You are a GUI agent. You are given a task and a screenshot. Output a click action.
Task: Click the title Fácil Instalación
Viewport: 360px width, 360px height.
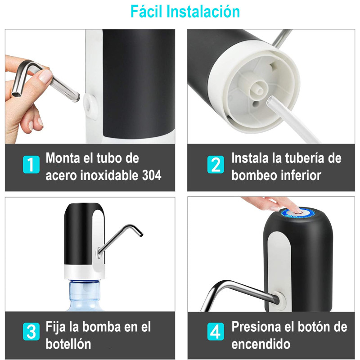(185, 12)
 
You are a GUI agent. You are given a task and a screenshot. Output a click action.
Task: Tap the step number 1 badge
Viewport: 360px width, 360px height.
(31, 164)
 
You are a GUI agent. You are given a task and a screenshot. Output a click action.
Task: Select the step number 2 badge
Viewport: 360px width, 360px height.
(216, 164)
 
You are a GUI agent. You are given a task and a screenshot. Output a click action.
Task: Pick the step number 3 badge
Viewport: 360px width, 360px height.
(31, 332)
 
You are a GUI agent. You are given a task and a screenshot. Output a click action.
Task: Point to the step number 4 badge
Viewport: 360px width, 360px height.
(216, 332)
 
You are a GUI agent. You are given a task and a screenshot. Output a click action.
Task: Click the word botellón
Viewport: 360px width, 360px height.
(68, 344)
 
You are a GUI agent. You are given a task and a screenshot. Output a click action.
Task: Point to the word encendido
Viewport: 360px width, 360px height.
(261, 344)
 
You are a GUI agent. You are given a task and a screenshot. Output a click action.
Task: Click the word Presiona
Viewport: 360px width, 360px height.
(256, 327)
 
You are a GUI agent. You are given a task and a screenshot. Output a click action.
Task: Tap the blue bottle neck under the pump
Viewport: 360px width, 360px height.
(85, 291)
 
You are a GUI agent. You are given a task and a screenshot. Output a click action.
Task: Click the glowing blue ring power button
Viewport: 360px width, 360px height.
(298, 213)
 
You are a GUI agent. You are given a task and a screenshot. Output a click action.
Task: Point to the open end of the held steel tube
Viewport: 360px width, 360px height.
(16, 94)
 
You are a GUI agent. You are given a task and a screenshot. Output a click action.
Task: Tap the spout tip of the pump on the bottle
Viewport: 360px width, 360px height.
(141, 234)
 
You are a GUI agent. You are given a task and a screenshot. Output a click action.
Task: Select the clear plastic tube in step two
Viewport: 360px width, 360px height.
(292, 120)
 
